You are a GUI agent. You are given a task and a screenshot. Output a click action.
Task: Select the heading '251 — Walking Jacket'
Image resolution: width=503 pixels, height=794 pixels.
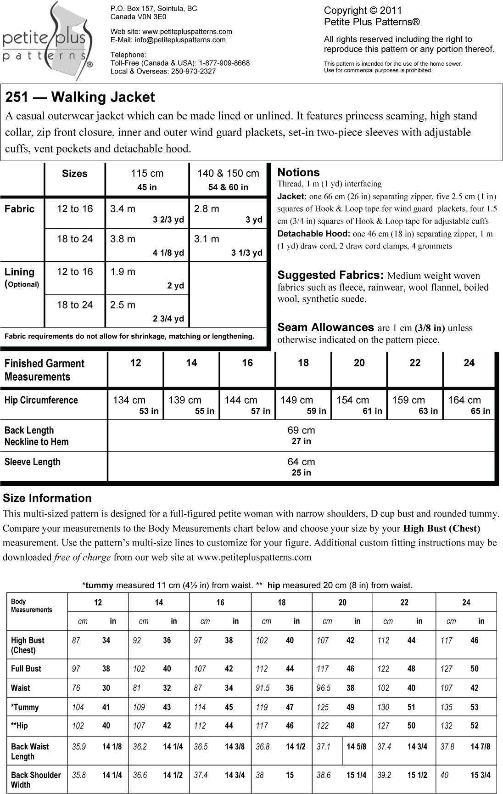tap(80, 97)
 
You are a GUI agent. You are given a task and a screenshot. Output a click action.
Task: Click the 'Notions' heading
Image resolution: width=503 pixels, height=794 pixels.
tap(298, 172)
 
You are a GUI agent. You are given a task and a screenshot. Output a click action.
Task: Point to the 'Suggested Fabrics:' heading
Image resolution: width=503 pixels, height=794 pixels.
tap(330, 275)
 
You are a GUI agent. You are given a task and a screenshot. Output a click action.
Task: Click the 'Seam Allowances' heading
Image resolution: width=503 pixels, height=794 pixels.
tap(325, 327)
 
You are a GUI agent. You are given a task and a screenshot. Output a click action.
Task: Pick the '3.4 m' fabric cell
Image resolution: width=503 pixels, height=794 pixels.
tap(123, 209)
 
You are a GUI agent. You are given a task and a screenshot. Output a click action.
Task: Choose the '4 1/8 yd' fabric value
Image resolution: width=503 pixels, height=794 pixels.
tap(168, 253)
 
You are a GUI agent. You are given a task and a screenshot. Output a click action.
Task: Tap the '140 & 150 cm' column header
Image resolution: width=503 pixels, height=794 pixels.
tap(228, 174)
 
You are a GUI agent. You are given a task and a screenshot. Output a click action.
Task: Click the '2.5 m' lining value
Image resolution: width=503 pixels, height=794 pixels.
tap(123, 304)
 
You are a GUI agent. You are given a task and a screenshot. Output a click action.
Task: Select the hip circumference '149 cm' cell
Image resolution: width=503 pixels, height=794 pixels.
tap(296, 400)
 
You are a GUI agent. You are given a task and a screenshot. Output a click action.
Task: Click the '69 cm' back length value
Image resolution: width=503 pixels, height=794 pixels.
tap(301, 430)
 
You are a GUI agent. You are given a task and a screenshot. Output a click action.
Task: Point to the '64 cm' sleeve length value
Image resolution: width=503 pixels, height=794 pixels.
tap(301, 462)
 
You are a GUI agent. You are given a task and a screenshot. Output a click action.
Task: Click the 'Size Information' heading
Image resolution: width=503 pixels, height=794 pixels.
tap(47, 498)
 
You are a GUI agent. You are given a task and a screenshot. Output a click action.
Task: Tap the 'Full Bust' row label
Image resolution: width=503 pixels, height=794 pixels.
tap(26, 669)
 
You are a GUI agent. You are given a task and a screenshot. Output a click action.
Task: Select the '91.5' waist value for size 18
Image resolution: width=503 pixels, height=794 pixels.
tap(263, 688)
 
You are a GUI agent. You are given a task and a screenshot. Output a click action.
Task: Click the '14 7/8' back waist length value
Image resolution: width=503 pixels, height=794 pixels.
tap(481, 747)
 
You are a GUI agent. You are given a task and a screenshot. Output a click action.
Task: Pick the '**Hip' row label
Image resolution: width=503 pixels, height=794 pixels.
tap(19, 726)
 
